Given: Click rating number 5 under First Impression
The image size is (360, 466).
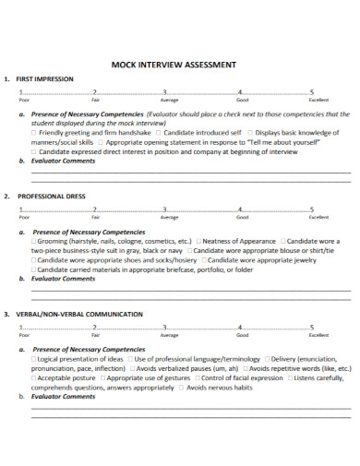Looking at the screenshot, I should (312, 93).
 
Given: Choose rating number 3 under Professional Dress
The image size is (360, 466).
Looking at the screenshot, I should (164, 209).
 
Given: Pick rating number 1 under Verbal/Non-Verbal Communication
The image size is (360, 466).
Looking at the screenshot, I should (20, 327).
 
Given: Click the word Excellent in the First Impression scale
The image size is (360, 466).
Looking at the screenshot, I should (318, 100).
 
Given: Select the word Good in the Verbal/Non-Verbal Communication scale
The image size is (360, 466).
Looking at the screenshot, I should (242, 334).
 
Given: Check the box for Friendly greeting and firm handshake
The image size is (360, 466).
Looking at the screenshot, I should (35, 132).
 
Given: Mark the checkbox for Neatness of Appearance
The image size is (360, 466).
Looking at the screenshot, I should (198, 241).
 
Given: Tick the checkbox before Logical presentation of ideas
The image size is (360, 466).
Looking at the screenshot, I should (35, 358).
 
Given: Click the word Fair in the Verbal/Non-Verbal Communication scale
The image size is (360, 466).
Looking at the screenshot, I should (96, 334).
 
